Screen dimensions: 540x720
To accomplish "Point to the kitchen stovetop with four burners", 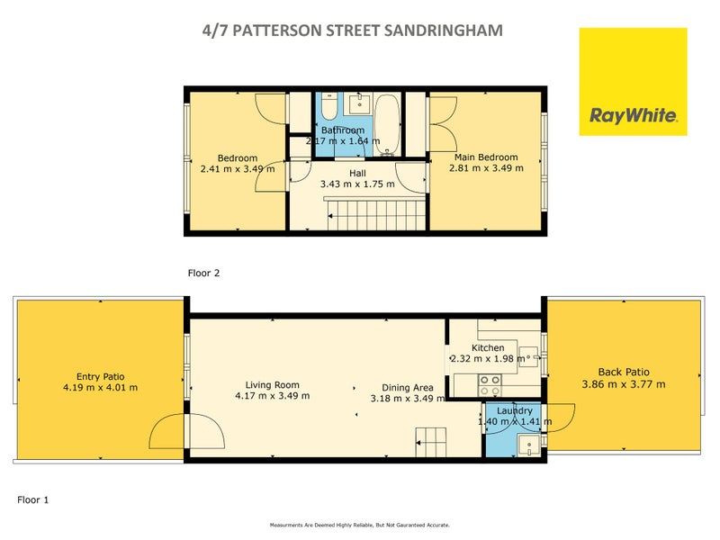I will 490,385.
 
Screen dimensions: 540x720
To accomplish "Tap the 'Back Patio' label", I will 624,372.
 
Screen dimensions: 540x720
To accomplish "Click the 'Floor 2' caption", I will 203,271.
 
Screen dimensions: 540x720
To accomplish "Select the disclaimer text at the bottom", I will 360,525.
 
